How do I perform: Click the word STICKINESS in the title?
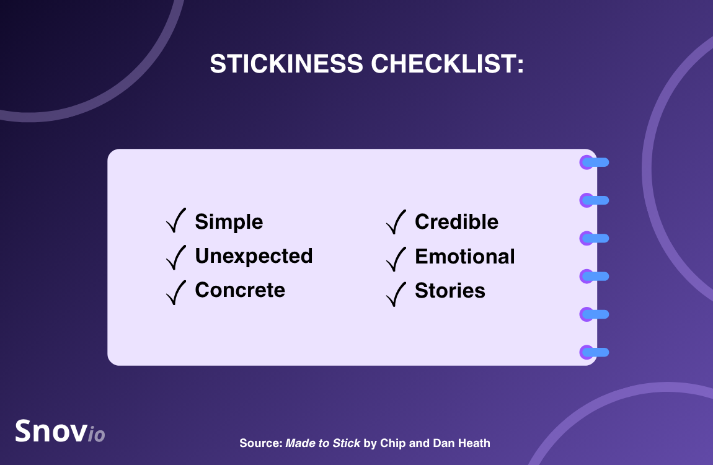click(286, 63)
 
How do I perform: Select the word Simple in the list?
click(229, 223)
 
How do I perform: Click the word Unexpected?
click(254, 256)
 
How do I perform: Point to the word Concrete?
click(240, 290)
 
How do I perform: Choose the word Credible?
click(456, 222)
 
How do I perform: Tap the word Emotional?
click(465, 256)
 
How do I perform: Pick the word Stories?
click(449, 290)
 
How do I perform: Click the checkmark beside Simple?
click(176, 221)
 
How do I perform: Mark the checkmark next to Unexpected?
click(176, 257)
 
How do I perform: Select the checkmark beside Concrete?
click(176, 292)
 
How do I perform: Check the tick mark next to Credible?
click(396, 223)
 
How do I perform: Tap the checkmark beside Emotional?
click(396, 259)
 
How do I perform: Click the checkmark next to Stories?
click(396, 294)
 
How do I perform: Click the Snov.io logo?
click(60, 431)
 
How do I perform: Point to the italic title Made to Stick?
click(322, 443)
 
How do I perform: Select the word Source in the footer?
click(261, 443)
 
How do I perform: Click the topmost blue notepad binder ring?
click(595, 162)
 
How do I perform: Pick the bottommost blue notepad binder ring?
click(595, 352)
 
